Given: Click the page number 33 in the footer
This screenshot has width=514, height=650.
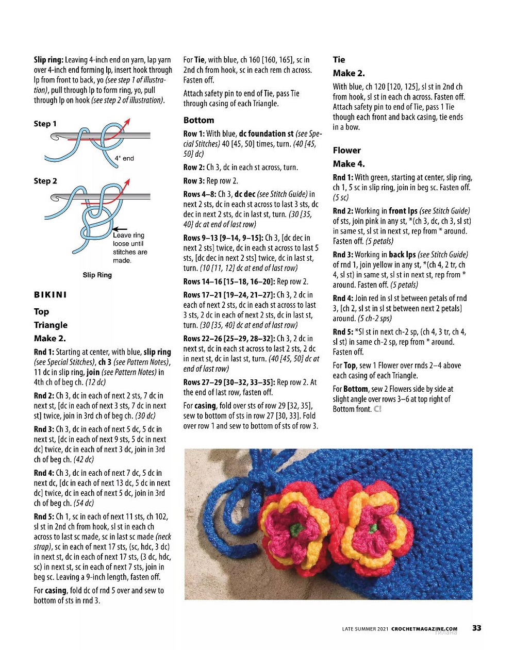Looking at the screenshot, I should click(476, 628).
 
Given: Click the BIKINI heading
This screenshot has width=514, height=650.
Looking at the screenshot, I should click(51, 295).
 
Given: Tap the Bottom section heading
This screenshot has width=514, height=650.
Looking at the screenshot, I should click(198, 120).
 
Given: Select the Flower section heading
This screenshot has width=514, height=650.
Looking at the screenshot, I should click(346, 150).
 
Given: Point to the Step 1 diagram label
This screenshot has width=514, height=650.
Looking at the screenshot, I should click(45, 124).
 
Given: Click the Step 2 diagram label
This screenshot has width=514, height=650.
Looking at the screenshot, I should click(45, 181).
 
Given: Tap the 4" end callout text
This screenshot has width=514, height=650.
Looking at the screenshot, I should click(124, 158).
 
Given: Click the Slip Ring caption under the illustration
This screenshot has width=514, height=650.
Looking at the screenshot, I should click(97, 275).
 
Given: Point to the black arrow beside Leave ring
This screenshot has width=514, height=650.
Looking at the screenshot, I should click(120, 228).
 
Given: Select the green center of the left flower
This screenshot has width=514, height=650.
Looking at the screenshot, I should click(294, 530).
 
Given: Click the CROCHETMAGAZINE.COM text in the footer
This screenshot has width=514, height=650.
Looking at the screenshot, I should click(424, 628).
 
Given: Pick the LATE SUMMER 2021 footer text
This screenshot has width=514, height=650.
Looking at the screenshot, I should click(365, 628).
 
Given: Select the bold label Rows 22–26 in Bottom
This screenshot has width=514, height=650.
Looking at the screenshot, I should click(197, 339).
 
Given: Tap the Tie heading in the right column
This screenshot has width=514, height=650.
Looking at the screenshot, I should click(339, 60).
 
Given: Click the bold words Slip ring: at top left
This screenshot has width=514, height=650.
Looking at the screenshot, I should click(48, 60).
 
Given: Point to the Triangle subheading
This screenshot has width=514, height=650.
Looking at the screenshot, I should click(51, 325).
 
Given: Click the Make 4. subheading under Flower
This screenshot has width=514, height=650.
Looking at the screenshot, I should click(349, 164).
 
